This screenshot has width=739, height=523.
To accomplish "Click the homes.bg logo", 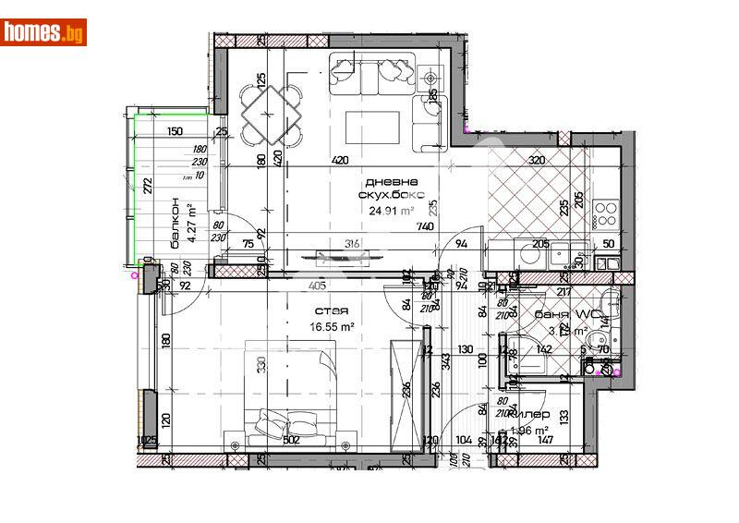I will click(x=43, y=32).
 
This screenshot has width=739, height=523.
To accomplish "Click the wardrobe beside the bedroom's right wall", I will click(x=406, y=395).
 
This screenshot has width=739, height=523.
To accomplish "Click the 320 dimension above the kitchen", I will click(x=537, y=160).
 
